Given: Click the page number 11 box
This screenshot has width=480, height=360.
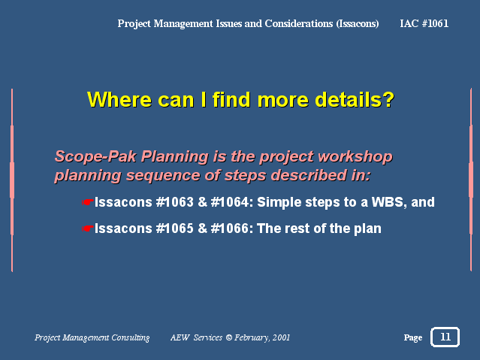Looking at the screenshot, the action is pyautogui.click(x=445, y=337).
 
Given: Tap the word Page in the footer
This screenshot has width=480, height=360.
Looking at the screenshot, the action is pyautogui.click(x=413, y=337).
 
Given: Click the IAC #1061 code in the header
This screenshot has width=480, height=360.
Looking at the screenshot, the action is pyautogui.click(x=424, y=23).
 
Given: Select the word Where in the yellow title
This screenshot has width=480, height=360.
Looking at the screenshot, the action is pyautogui.click(x=119, y=99).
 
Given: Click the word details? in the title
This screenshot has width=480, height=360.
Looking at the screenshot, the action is pyautogui.click(x=355, y=99).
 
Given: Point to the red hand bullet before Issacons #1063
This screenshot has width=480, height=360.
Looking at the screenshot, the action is pyautogui.click(x=87, y=202).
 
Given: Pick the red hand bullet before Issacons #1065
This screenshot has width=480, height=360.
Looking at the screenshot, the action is pyautogui.click(x=87, y=228).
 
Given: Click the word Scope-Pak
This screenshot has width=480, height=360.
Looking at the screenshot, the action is pyautogui.click(x=95, y=156).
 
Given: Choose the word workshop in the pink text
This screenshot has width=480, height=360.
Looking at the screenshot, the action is pyautogui.click(x=355, y=156).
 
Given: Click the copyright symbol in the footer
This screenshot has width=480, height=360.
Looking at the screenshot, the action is pyautogui.click(x=228, y=337).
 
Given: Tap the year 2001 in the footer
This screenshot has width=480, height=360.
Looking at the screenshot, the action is pyautogui.click(x=281, y=337).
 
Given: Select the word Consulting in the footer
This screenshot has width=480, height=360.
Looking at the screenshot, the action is pyautogui.click(x=131, y=337).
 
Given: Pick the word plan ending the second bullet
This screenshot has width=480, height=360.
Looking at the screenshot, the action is pyautogui.click(x=367, y=229).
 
